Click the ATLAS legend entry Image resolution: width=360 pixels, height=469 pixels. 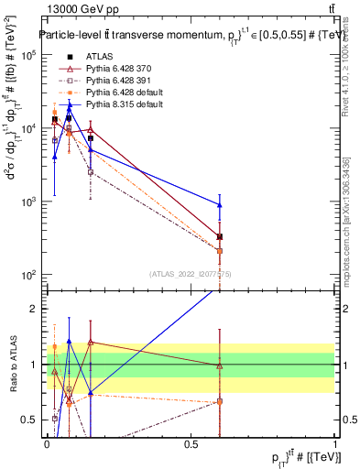pos(99,57)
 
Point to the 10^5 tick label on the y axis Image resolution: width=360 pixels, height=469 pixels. pos(27,55)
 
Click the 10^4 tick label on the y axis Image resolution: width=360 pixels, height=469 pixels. pos(27,128)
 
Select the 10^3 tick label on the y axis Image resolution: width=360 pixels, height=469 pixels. pos(27,202)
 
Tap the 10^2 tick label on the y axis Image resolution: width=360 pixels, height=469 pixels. pos(27,275)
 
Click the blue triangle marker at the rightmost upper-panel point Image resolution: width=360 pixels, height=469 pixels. pos(220,204)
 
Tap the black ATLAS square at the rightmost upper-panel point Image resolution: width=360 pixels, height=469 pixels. pos(220,236)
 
